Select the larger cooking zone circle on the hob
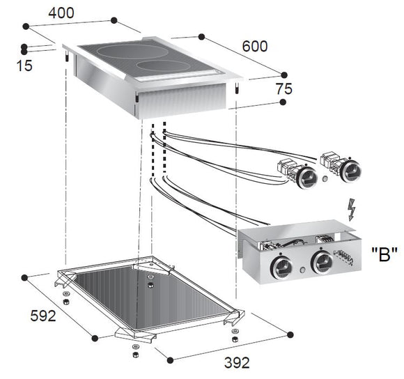point(121,52)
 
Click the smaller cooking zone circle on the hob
point(164,66)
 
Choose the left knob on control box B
point(281,267)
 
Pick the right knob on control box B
point(321,263)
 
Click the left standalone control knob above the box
point(306,177)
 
